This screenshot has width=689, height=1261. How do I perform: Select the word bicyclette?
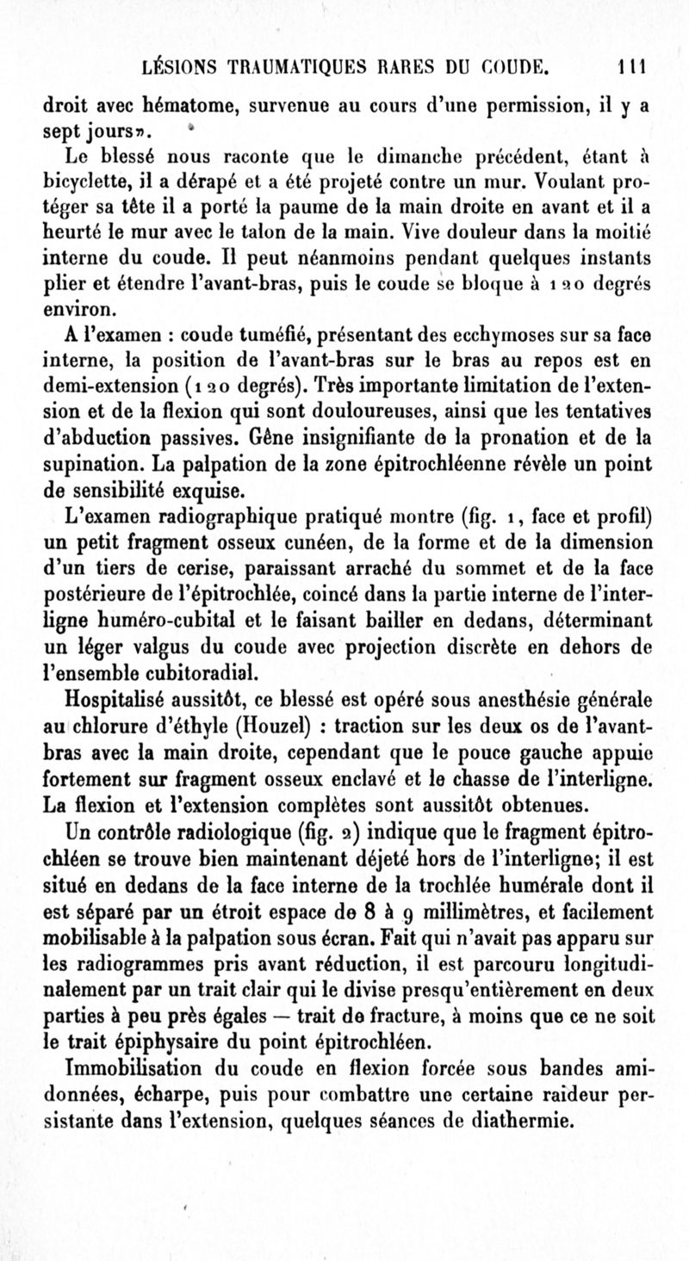[x=89, y=182]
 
